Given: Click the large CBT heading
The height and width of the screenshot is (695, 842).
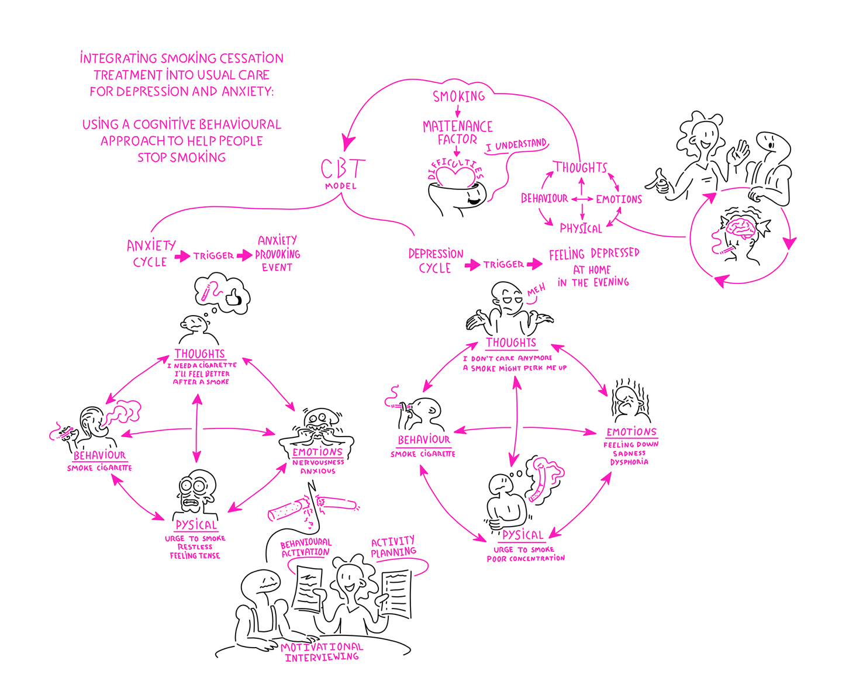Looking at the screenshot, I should [x=343, y=169].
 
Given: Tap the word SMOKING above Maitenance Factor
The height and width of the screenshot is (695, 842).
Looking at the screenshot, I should [x=459, y=96].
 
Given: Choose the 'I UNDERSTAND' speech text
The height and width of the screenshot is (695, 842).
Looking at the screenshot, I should [x=516, y=145].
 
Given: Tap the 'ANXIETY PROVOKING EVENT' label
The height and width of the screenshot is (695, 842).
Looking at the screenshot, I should [x=277, y=254].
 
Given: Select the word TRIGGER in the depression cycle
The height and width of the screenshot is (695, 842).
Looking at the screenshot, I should [x=503, y=265].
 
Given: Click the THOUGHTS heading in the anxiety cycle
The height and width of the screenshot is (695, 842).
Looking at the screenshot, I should [x=199, y=354].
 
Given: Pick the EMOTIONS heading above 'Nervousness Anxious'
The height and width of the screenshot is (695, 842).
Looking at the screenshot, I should [x=318, y=452].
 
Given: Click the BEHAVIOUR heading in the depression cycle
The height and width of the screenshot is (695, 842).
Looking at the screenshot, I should [x=424, y=440].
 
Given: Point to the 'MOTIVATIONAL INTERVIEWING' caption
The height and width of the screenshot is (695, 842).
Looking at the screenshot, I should [x=322, y=652].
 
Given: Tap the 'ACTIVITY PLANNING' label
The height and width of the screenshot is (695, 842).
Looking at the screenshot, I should [x=394, y=547].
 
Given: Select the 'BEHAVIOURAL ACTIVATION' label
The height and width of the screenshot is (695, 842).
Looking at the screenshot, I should [x=306, y=548].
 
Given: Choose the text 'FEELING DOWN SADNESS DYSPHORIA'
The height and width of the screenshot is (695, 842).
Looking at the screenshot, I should [x=630, y=453].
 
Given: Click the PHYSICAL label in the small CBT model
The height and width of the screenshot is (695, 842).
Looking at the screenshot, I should [x=581, y=229].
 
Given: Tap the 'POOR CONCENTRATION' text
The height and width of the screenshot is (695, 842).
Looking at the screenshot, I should [x=526, y=559].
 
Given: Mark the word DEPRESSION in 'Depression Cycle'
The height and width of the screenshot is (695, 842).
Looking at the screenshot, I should [x=436, y=254].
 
